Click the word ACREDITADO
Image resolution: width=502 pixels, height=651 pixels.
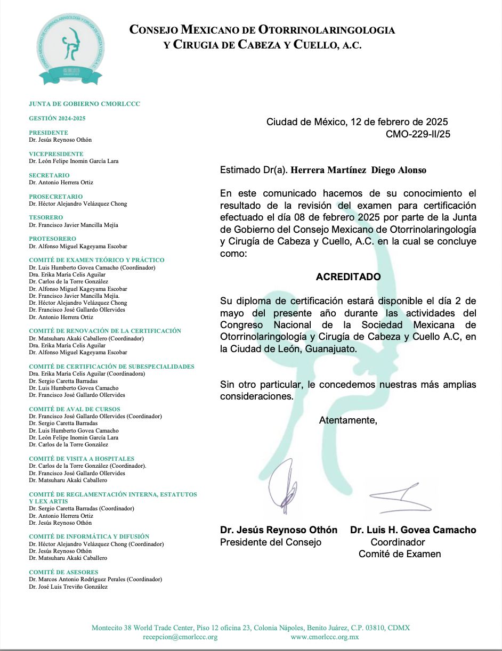(348, 277)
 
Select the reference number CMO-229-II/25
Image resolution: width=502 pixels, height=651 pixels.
(418, 134)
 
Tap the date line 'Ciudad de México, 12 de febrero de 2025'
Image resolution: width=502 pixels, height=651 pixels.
(357, 122)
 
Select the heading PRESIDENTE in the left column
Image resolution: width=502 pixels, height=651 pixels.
(48, 133)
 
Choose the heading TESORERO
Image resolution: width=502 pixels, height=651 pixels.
(46, 217)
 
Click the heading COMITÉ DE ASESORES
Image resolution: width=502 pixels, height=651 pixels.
(63, 572)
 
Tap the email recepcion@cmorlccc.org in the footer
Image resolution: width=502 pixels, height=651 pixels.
(180, 637)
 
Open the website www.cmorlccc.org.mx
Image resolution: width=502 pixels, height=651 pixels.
(325, 637)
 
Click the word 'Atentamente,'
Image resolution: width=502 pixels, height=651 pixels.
(348, 420)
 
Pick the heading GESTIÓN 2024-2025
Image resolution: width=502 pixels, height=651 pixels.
(57, 118)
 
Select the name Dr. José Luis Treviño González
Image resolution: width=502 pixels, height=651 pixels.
(68, 587)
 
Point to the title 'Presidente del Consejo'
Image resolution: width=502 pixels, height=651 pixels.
(271, 542)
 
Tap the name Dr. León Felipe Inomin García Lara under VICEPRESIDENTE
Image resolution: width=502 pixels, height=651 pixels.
(74, 161)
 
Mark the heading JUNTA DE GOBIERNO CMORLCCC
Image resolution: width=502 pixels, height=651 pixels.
(85, 104)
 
